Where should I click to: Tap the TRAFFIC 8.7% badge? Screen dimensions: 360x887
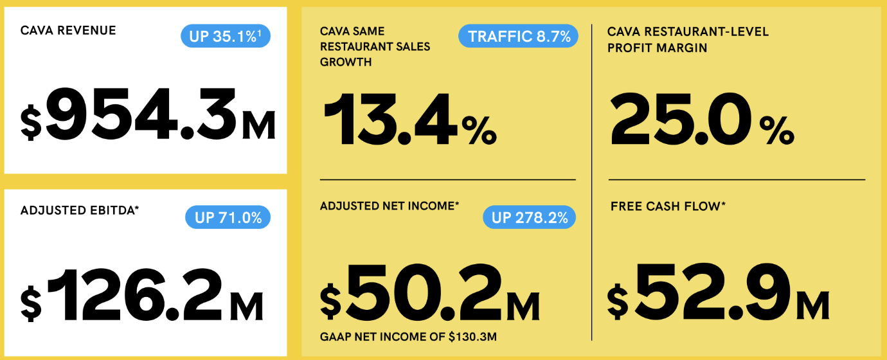pos(518,36)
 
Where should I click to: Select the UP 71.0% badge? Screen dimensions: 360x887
pos(228,217)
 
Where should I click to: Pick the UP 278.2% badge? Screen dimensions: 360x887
pos(529,217)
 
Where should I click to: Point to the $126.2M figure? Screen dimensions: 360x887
pos(142,296)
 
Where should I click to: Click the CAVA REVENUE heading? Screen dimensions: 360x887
pos(68,31)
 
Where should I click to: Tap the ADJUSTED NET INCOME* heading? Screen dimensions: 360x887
pos(390,206)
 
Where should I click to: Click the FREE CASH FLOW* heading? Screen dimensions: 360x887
pos(667,206)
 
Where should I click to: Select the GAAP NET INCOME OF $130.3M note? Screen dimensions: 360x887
pos(408,337)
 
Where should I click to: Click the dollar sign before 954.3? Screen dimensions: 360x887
pos(31,123)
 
